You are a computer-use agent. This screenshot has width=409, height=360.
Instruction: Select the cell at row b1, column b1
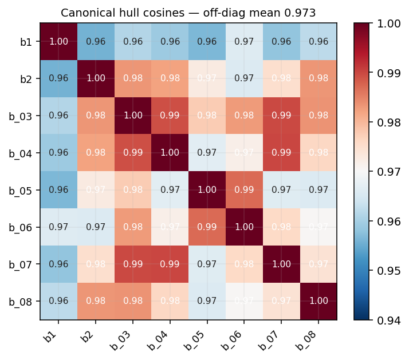pyautogui.click(x=58, y=41)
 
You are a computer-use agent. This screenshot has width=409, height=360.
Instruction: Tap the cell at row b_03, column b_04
pyautogui.click(x=170, y=115)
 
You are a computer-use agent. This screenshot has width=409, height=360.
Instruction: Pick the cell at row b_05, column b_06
pyautogui.click(x=243, y=189)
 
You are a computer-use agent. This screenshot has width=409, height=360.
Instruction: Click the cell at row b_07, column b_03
pyautogui.click(x=132, y=264)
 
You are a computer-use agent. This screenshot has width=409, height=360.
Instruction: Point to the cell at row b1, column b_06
pyautogui.click(x=243, y=41)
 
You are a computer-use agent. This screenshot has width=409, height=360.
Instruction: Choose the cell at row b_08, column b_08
pyautogui.click(x=318, y=301)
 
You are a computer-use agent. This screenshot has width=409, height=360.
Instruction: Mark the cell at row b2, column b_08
pyautogui.click(x=318, y=78)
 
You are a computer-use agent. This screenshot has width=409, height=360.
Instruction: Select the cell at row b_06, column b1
pyautogui.click(x=58, y=227)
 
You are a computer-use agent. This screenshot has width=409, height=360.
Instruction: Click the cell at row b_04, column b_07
pyautogui.click(x=281, y=152)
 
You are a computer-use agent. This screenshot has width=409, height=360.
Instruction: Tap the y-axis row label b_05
pyautogui.click(x=22, y=189)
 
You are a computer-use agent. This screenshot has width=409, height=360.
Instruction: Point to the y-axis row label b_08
pyautogui.click(x=22, y=301)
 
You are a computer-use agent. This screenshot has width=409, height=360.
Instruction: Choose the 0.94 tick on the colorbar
pyautogui.click(x=389, y=319)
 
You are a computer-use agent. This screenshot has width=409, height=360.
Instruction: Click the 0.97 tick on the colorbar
pyautogui.click(x=389, y=171)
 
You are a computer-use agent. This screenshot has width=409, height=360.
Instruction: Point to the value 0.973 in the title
pyautogui.click(x=304, y=13)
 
